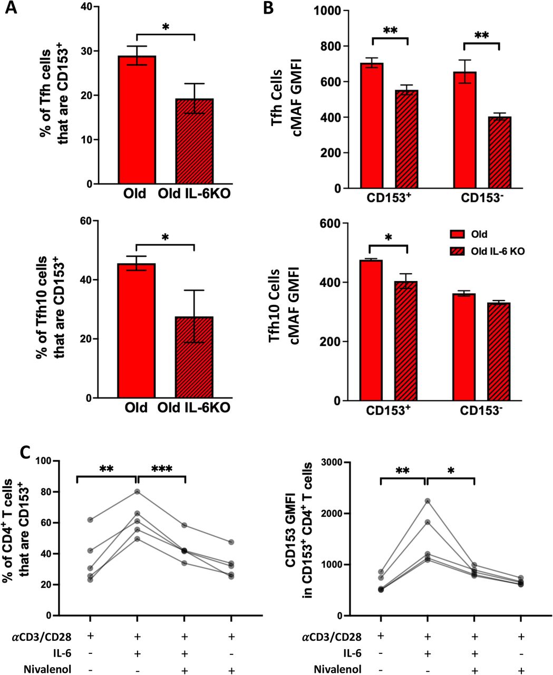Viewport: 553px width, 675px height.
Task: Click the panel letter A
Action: click(11, 10)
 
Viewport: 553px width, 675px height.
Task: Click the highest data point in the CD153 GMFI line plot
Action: click(426, 500)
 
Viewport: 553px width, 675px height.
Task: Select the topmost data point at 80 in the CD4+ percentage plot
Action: click(137, 491)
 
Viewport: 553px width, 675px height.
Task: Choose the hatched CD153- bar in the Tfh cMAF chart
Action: click(499, 152)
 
